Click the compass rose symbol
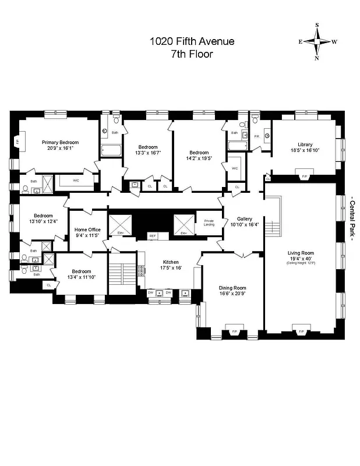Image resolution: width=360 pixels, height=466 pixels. click(317, 41)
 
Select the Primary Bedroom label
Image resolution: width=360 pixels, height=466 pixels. click(59, 145)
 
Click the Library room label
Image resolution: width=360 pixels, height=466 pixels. click(305, 147)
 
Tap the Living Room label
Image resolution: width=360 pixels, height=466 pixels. click(301, 255)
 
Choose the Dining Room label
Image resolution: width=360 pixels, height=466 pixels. click(232, 291)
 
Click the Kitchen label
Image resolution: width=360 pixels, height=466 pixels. click(171, 264)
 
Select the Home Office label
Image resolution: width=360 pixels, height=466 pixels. click(87, 232)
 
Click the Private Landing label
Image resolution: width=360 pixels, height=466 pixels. click(209, 223)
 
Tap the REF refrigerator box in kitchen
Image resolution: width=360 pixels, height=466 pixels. click(153, 236)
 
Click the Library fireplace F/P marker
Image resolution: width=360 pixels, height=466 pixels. click(302, 177)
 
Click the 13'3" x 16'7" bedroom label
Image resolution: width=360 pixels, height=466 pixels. click(148, 150)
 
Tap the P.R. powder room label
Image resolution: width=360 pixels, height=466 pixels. click(256, 136)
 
